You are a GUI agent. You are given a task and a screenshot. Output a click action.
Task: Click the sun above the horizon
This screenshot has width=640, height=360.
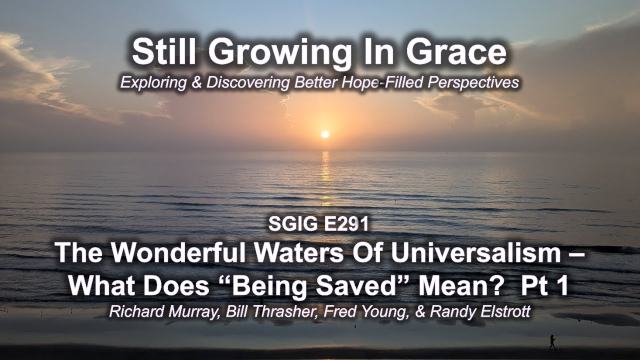point(325,134)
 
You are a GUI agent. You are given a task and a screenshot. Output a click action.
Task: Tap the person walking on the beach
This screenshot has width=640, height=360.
point(552,342)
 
